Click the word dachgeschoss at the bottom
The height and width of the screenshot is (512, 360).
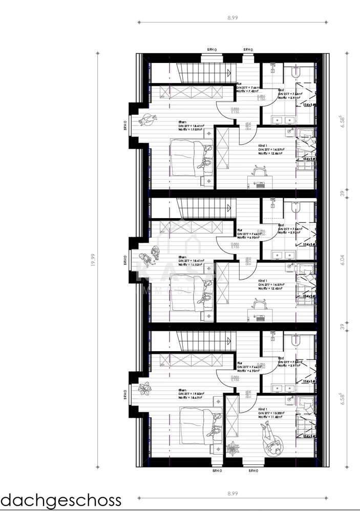pyautogui.click(x=61, y=499)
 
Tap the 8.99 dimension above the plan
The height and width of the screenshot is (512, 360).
pyautogui.click(x=233, y=17)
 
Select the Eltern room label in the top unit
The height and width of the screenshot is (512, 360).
pyautogui.click(x=182, y=122)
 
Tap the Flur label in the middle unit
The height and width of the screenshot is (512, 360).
pyautogui.click(x=240, y=230)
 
